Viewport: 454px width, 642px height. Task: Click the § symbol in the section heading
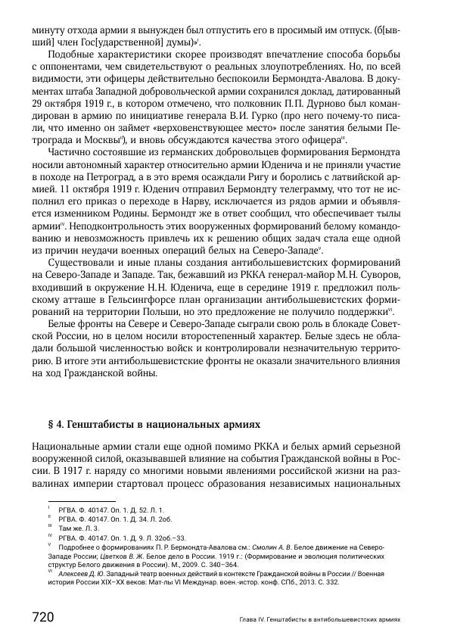36,425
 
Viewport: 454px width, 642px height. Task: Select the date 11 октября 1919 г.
102,206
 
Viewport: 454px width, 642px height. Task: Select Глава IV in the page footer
245,619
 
